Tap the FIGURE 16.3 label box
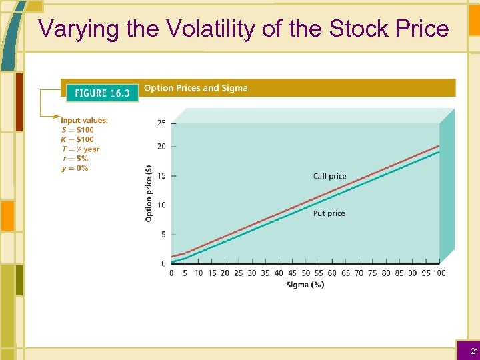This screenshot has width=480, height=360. [x=102, y=93]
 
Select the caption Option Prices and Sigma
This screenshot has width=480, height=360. [x=195, y=88]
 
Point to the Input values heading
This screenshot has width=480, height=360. [x=84, y=121]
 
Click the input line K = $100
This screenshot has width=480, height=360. [x=77, y=139]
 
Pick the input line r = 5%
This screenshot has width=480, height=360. [x=75, y=159]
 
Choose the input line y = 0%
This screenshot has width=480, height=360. [x=75, y=168]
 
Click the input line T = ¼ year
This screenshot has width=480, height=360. [x=80, y=149]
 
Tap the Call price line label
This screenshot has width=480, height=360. [x=329, y=177]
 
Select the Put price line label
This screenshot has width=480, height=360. [x=329, y=213]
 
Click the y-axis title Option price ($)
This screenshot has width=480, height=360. [x=149, y=193]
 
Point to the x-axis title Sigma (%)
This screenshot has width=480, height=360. [x=305, y=285]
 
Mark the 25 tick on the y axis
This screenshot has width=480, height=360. [x=162, y=123]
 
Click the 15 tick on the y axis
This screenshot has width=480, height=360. [x=162, y=176]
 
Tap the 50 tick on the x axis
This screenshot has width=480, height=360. [x=305, y=273]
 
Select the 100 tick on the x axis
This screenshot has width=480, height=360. [x=439, y=273]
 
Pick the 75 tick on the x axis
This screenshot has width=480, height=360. [x=372, y=273]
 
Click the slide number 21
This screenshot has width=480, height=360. [x=474, y=351]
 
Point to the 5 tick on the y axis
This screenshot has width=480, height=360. [x=164, y=235]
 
